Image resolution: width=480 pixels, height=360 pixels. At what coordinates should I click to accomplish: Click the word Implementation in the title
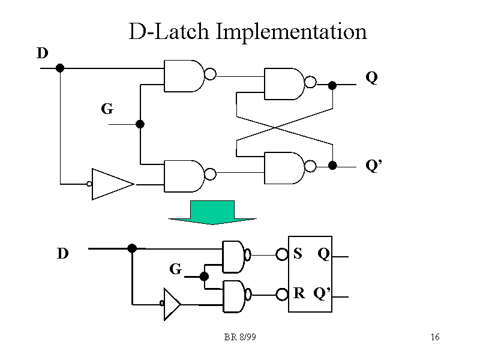click(x=291, y=31)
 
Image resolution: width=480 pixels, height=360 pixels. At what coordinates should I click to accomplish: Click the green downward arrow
click(x=212, y=212)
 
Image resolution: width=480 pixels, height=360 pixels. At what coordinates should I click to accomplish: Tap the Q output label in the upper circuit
click(x=371, y=77)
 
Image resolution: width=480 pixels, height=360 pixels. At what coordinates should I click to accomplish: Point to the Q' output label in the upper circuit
click(x=373, y=166)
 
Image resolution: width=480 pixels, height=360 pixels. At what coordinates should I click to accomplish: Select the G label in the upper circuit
click(x=107, y=109)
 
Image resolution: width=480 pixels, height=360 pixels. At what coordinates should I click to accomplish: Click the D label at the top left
click(x=42, y=53)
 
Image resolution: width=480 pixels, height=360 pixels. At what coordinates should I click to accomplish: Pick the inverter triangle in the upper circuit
click(x=113, y=184)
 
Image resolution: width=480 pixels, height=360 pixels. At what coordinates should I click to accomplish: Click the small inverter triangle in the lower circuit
click(x=172, y=304)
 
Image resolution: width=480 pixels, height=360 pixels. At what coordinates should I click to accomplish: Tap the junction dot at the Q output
click(x=332, y=85)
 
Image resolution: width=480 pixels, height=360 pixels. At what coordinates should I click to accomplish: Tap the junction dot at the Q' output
click(x=332, y=165)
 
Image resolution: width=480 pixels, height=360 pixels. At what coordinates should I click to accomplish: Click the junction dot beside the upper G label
click(x=140, y=124)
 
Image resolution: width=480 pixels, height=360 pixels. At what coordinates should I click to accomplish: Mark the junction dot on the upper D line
click(x=60, y=68)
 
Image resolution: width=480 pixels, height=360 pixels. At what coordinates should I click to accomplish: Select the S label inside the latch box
click(x=298, y=254)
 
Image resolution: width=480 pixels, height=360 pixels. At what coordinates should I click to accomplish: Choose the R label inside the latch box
click(x=299, y=293)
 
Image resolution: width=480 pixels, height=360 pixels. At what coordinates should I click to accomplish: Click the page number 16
click(x=435, y=337)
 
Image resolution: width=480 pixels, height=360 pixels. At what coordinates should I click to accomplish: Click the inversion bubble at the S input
click(x=281, y=254)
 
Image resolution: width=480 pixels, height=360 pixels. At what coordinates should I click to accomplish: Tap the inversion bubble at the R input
click(x=281, y=294)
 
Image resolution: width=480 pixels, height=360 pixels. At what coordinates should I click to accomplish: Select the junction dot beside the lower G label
click(x=204, y=277)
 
